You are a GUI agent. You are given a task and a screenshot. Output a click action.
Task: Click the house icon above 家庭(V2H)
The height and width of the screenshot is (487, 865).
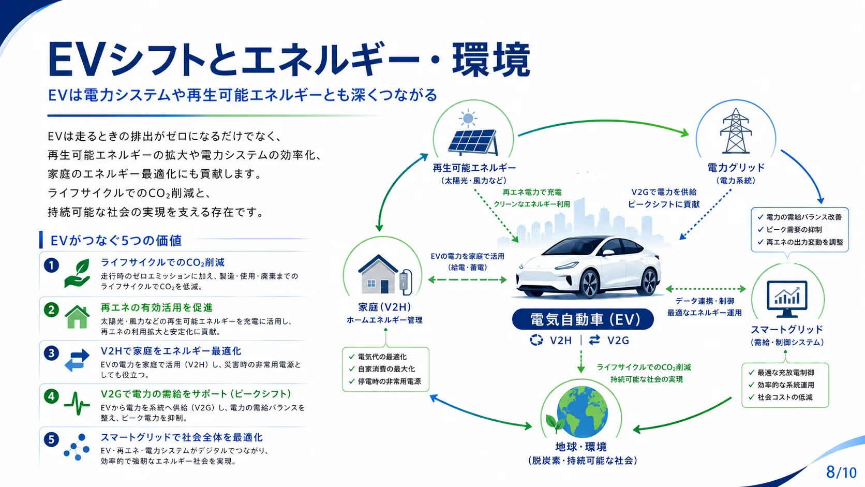(x=378, y=274)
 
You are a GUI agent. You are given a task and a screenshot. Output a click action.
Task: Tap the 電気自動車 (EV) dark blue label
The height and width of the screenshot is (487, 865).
(x=583, y=319)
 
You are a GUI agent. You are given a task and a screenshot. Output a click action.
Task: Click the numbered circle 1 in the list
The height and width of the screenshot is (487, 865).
(x=51, y=265)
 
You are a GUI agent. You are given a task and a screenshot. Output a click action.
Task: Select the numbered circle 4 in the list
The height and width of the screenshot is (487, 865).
(x=51, y=396)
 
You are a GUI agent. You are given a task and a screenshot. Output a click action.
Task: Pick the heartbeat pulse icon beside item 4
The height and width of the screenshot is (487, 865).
(x=77, y=404)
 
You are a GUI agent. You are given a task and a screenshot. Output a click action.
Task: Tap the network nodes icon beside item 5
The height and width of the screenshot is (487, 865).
(x=77, y=447)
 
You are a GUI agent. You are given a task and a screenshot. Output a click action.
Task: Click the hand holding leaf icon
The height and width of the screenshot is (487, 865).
(x=77, y=273)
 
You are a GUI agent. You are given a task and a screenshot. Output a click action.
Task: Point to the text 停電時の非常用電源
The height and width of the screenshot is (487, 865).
(x=389, y=381)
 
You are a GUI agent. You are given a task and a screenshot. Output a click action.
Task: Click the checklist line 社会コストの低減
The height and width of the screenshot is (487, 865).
(x=785, y=397)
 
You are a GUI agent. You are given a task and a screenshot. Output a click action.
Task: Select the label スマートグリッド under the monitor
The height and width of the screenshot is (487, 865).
(x=786, y=330)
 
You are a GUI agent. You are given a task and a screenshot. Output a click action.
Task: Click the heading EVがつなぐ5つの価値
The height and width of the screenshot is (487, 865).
(x=116, y=241)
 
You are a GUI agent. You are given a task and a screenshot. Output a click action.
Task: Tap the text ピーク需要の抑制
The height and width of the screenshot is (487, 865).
(x=794, y=230)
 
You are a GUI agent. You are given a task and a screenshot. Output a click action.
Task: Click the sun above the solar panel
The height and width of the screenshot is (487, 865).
(x=468, y=118)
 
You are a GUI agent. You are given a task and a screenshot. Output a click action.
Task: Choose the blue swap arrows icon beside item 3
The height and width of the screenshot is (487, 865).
(x=77, y=360)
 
